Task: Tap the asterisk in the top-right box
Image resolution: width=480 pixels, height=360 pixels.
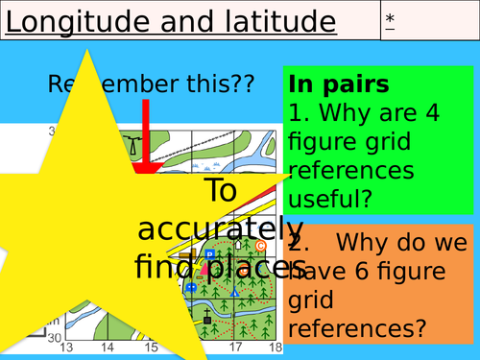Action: click(x=390, y=18)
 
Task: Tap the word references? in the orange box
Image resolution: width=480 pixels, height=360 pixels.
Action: click(x=357, y=328)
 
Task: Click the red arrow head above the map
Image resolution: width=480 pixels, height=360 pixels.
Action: click(x=146, y=169)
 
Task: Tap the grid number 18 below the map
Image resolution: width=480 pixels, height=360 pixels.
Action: click(x=275, y=347)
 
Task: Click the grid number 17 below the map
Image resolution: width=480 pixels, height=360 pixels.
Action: click(x=236, y=347)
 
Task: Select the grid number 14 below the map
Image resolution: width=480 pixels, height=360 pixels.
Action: click(x=108, y=347)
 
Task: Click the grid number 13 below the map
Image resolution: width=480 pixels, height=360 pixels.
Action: click(x=66, y=347)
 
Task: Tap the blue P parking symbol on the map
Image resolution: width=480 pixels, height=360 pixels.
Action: click(x=209, y=254)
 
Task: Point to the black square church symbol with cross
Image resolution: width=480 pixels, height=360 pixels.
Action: click(x=207, y=317)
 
